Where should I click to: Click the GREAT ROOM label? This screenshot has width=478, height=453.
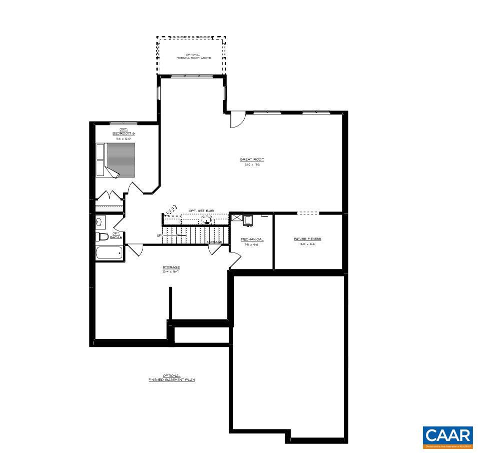(x=252, y=159)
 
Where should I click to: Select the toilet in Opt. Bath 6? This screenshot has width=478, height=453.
(x=102, y=236)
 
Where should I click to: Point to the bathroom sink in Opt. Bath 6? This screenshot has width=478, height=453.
(x=100, y=221)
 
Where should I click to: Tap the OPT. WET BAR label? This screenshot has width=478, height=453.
(x=201, y=211)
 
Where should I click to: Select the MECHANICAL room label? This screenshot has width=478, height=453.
(x=252, y=239)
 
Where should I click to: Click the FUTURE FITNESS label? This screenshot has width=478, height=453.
(x=307, y=239)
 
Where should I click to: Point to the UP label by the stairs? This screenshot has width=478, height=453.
(x=159, y=235)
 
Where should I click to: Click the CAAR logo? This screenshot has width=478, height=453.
(x=447, y=436)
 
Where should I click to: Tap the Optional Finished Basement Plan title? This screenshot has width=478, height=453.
(x=171, y=378)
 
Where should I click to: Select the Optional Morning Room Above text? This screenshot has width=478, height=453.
(x=193, y=56)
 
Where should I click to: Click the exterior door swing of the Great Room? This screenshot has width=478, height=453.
(x=237, y=119)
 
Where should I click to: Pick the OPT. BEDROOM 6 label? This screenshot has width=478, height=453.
(x=123, y=132)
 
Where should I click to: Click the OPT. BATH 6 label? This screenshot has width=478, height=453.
(x=116, y=235)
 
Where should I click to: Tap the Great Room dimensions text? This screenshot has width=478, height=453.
(x=252, y=164)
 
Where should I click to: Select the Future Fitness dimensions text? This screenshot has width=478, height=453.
(x=307, y=244)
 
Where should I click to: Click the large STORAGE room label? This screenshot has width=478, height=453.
(x=171, y=267)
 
